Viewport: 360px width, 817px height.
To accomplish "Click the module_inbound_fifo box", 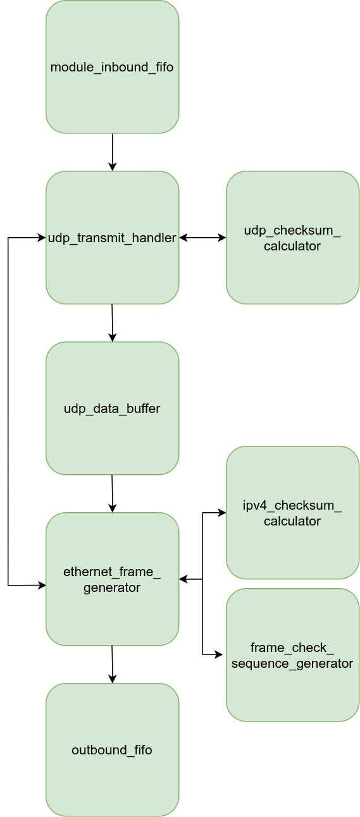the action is click(x=113, y=67).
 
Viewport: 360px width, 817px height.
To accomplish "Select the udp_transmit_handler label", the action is click(x=112, y=238).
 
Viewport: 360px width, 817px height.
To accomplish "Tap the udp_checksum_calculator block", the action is click(x=292, y=237).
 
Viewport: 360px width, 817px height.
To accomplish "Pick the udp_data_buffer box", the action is click(x=113, y=408).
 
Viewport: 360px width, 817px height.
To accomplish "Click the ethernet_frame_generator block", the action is click(x=113, y=579).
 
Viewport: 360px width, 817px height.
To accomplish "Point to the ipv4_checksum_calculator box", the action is click(x=292, y=512).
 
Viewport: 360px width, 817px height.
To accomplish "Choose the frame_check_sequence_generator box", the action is click(x=292, y=654).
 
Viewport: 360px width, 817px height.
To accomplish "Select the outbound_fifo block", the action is click(x=113, y=749).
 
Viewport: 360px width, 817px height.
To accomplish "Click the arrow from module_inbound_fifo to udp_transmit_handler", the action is click(x=113, y=152).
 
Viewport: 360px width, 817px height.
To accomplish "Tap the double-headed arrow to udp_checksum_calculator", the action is click(x=202, y=237).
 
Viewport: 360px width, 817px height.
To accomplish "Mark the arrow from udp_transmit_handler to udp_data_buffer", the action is click(x=113, y=322).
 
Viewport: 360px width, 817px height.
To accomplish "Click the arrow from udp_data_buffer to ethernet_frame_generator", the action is click(x=113, y=493).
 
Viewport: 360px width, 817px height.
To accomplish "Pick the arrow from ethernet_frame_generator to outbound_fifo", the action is click(x=113, y=664).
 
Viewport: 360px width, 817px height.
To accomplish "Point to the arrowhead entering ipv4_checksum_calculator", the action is click(x=222, y=512).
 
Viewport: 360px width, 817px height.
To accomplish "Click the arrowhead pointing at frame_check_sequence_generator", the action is click(x=218, y=654).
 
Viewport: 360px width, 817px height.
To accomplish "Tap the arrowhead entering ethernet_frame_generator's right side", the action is click(x=183, y=579).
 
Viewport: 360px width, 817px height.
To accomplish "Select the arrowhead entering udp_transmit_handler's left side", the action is click(x=42, y=237).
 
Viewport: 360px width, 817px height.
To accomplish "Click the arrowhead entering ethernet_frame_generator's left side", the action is click(x=42, y=586).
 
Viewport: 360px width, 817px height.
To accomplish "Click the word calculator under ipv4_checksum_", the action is click(x=292, y=521).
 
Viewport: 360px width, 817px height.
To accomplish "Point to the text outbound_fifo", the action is click(x=112, y=750).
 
